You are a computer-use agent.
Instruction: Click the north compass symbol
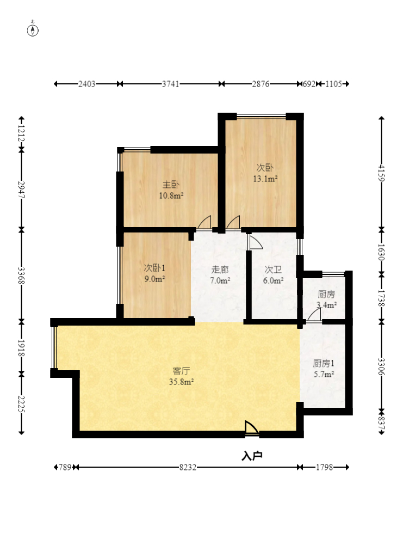(x=33, y=30)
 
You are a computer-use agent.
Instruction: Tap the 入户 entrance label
(x=252, y=456)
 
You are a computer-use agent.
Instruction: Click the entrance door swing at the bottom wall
(x=252, y=428)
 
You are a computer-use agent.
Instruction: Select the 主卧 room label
(x=171, y=185)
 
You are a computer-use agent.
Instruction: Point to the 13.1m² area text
(x=265, y=179)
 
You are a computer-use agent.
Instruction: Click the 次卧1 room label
(x=154, y=268)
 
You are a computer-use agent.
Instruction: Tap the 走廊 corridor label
(x=220, y=270)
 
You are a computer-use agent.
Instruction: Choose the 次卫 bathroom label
(x=273, y=270)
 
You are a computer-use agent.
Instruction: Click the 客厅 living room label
(x=182, y=371)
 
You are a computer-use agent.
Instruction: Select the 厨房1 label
(x=324, y=363)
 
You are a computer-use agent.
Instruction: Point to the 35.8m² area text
(x=182, y=382)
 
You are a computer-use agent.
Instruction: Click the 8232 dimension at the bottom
(x=188, y=467)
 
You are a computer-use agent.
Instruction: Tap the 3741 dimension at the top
(x=171, y=84)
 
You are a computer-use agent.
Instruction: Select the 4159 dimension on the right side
(x=382, y=173)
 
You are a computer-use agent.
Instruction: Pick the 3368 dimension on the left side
(x=21, y=275)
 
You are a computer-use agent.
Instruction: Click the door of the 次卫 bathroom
(x=255, y=242)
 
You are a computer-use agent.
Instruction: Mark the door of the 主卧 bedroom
(x=204, y=223)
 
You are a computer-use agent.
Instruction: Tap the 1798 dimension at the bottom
(x=324, y=467)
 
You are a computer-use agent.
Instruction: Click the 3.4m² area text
(x=326, y=305)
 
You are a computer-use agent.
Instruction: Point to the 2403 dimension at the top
(x=86, y=84)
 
